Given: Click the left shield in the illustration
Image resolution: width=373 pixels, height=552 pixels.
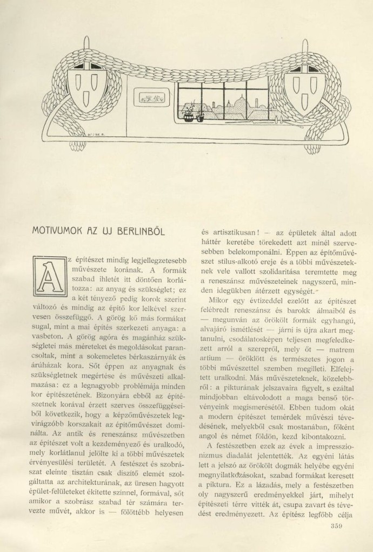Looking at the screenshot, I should coord(89,86).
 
